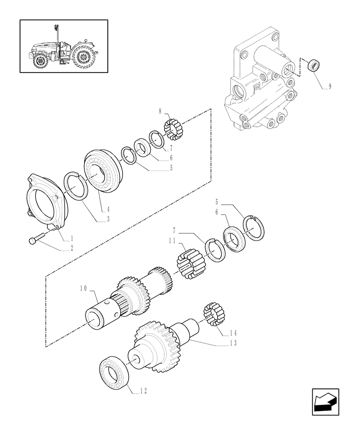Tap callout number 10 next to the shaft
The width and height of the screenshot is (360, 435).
click(x=83, y=288)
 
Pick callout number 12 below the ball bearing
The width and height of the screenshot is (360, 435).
click(x=143, y=391)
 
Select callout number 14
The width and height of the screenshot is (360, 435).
click(x=234, y=334)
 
